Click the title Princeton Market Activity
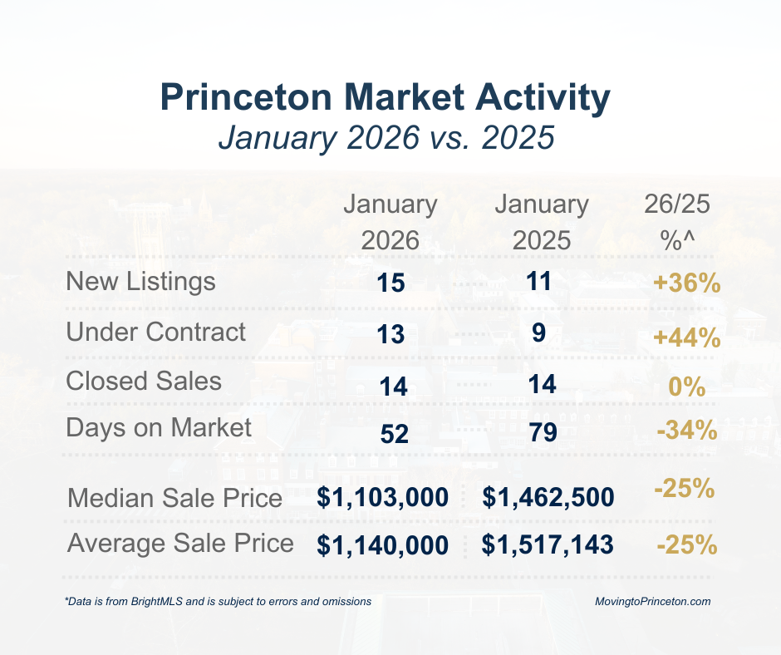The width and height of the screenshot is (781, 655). coord(386,98)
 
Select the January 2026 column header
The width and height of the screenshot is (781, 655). coord(390,222)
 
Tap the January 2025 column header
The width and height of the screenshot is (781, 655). coord(541,222)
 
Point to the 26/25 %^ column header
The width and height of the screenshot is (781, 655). coord(677,222)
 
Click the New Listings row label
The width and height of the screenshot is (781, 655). coord(140,282)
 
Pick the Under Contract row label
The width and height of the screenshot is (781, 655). coord(156,332)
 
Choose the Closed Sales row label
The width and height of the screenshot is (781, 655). coord(144,381)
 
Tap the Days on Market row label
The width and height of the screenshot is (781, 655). coord(158,428)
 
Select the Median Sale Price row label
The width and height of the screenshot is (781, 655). coord(174,499)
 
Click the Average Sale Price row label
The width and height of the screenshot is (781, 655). coord(180,544)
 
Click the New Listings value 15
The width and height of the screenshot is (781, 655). coord(390,283)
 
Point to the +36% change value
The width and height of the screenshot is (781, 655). coord(685,283)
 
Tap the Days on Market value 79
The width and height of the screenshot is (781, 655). coord(539,433)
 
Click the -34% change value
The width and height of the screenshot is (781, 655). coord(685,431)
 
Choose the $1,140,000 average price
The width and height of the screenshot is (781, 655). coord(383,546)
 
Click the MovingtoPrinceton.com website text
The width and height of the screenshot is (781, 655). coord(653,601)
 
